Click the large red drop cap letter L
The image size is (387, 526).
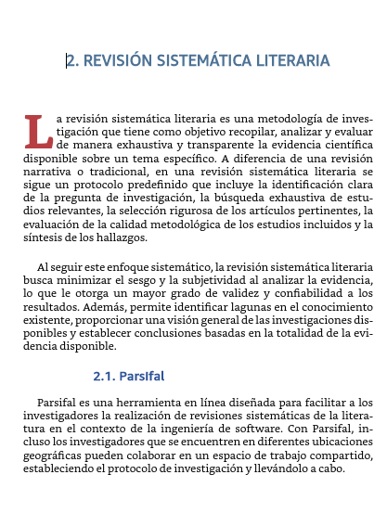click(38, 131)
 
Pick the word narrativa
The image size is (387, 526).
click(47, 172)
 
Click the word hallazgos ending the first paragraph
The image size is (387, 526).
click(115, 237)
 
